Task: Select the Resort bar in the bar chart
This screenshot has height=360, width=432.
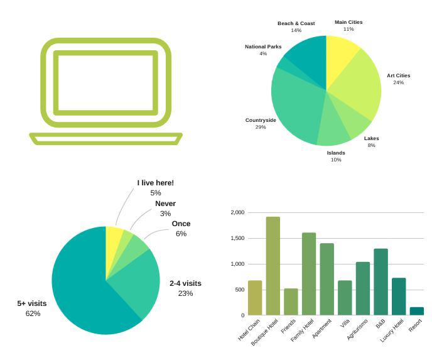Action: pyautogui.click(x=416, y=311)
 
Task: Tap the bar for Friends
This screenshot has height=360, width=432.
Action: pyautogui.click(x=291, y=302)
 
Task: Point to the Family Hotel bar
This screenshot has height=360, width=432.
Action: pyautogui.click(x=309, y=273)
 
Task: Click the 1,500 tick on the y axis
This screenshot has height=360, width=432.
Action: pyautogui.click(x=237, y=239)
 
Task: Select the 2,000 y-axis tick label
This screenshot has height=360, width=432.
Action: pyautogui.click(x=237, y=213)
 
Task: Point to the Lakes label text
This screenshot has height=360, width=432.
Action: pyautogui.click(x=371, y=138)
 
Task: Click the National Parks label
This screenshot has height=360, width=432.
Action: pyautogui.click(x=263, y=46)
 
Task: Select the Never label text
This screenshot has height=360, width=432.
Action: pyautogui.click(x=165, y=204)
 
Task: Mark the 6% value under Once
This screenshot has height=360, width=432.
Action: pyautogui.click(x=181, y=234)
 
